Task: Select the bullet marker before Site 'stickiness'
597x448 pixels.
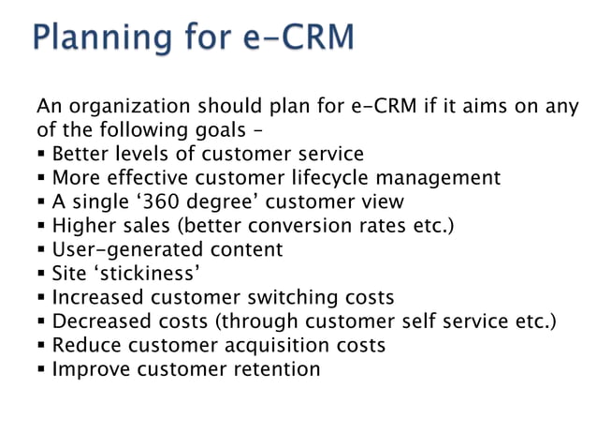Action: (x=42, y=274)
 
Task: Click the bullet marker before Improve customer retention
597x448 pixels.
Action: (x=42, y=369)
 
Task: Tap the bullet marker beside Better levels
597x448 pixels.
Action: (x=42, y=154)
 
